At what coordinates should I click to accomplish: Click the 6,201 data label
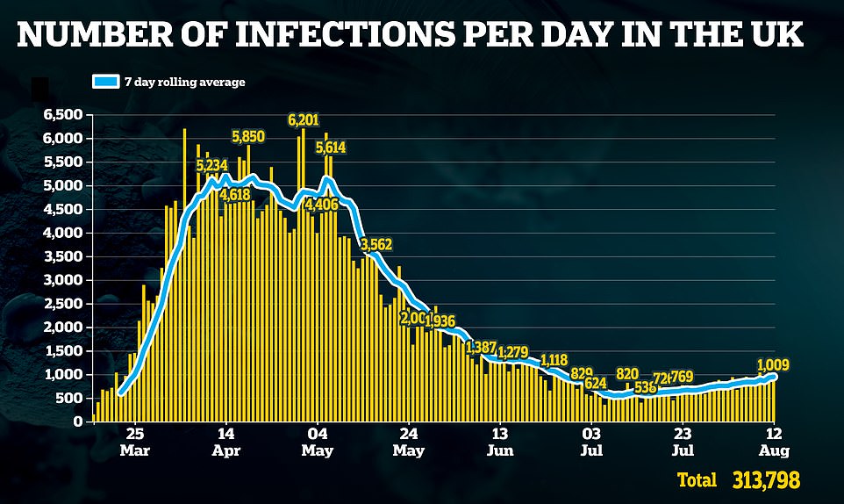tap(304, 119)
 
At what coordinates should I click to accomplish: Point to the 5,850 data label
tap(248, 136)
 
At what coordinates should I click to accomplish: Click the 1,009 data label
tap(774, 364)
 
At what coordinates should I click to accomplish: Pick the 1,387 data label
tap(483, 346)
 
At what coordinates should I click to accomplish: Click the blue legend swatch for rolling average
tap(104, 82)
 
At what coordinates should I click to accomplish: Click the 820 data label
tap(627, 373)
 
